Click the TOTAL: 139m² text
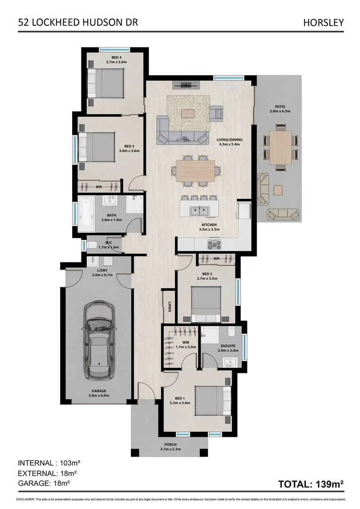pos(311,484)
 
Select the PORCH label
pos(171,444)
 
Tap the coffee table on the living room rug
pos(188,114)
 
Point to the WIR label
pos(179,343)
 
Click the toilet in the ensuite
pos(231,333)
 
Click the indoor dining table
pos(195,169)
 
